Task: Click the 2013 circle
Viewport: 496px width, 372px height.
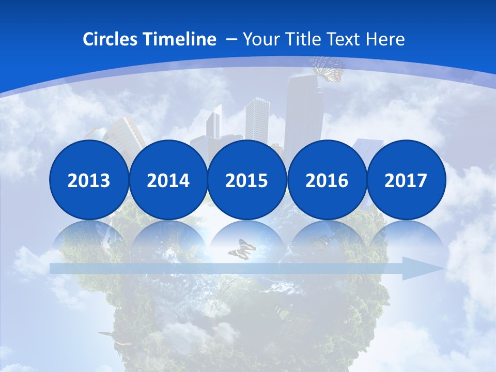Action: [89, 180]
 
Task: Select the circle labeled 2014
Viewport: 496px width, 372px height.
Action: [168, 180]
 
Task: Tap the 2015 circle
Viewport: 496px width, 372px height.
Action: [247, 180]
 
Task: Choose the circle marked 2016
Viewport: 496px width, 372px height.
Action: [327, 180]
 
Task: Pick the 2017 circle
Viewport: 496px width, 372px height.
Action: [406, 180]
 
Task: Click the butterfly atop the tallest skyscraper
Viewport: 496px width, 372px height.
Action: [327, 68]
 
